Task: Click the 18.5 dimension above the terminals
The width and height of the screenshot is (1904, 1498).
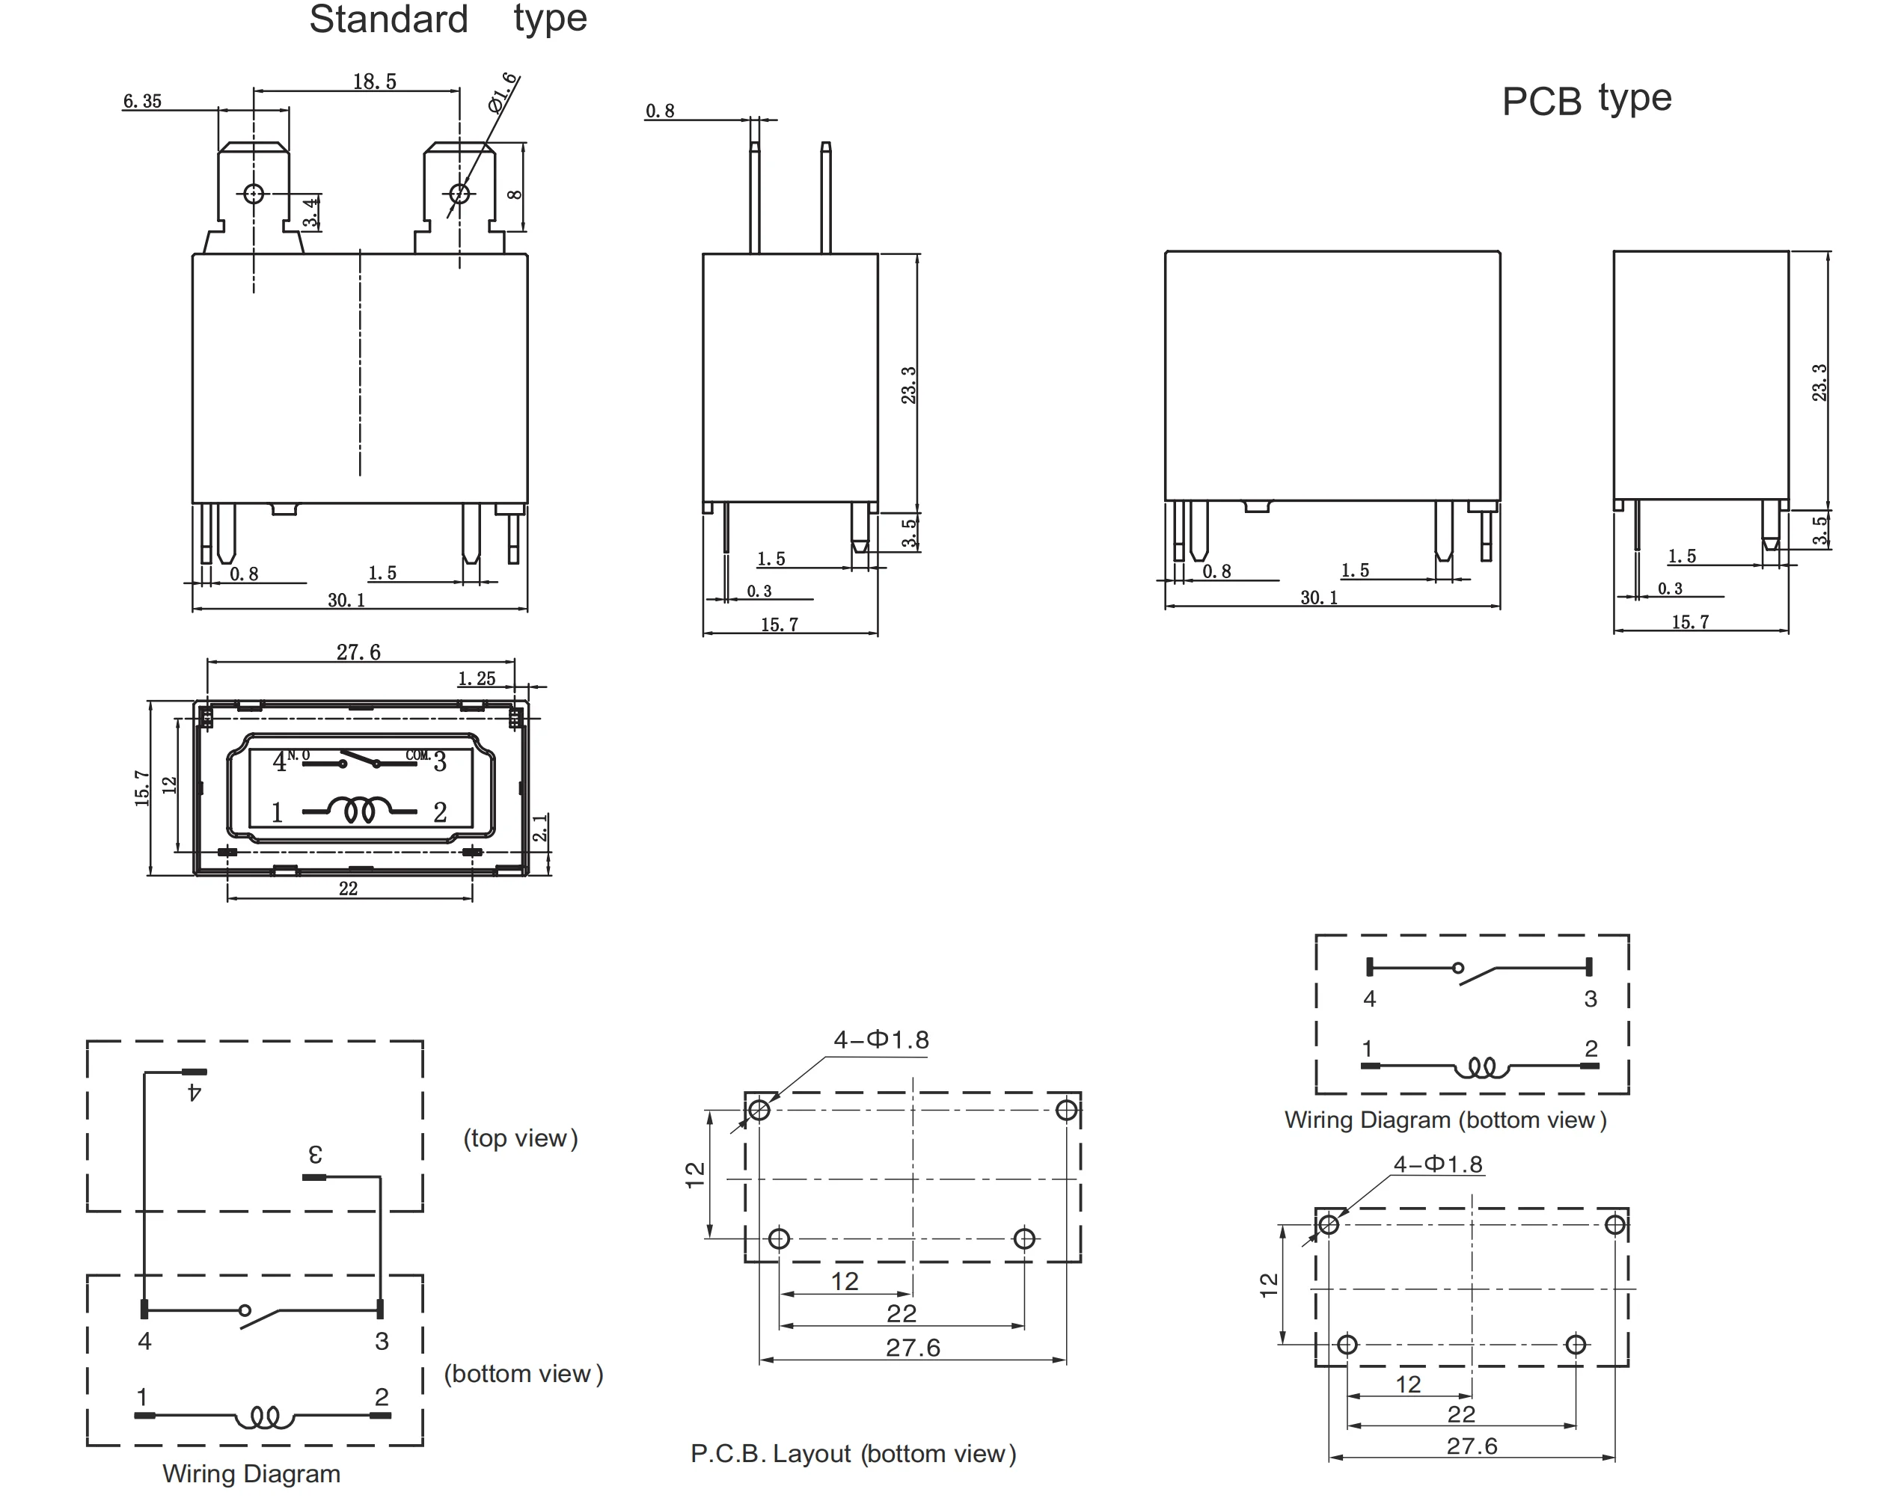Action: tap(375, 82)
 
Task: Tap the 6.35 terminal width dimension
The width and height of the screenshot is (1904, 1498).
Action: tap(142, 102)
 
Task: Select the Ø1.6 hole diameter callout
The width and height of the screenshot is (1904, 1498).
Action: tap(503, 93)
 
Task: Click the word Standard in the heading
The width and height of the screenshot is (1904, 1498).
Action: tap(389, 19)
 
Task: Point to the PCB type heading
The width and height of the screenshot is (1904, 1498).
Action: tap(1586, 100)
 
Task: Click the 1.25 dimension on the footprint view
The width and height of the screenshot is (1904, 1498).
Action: tap(477, 679)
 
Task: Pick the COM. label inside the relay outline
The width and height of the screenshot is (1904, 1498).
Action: tap(417, 755)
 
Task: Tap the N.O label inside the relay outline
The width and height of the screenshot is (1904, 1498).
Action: tap(299, 755)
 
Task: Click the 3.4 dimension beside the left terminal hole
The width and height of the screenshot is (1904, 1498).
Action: tap(310, 212)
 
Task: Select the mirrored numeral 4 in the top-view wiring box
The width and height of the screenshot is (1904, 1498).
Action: tap(195, 1093)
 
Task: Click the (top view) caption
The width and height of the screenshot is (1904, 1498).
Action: tap(520, 1138)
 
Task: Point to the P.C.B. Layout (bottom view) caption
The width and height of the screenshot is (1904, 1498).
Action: tap(853, 1453)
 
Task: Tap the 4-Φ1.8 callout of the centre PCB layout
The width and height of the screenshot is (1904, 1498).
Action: tap(881, 1040)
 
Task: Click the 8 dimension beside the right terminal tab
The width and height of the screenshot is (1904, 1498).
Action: tap(515, 194)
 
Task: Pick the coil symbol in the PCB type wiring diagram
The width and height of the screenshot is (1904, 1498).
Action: tap(1481, 1067)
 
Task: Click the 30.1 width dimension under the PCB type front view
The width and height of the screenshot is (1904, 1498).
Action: tap(1319, 598)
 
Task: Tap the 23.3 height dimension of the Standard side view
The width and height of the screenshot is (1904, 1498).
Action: tap(909, 385)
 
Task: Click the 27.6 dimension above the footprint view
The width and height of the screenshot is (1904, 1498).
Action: tap(358, 653)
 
